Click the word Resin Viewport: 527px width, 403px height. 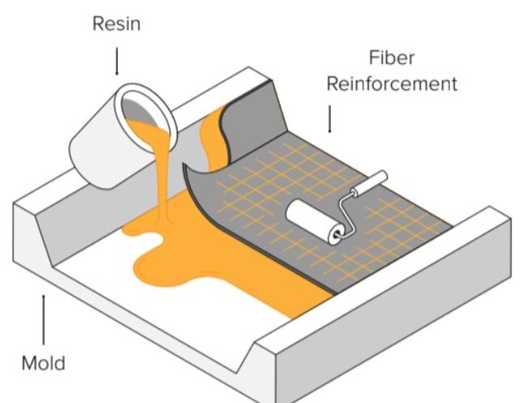[117, 24]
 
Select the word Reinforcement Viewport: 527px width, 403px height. [392, 84]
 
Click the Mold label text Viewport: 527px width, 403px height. [43, 362]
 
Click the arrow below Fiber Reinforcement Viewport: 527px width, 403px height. [329, 120]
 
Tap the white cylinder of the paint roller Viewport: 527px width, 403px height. [308, 218]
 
